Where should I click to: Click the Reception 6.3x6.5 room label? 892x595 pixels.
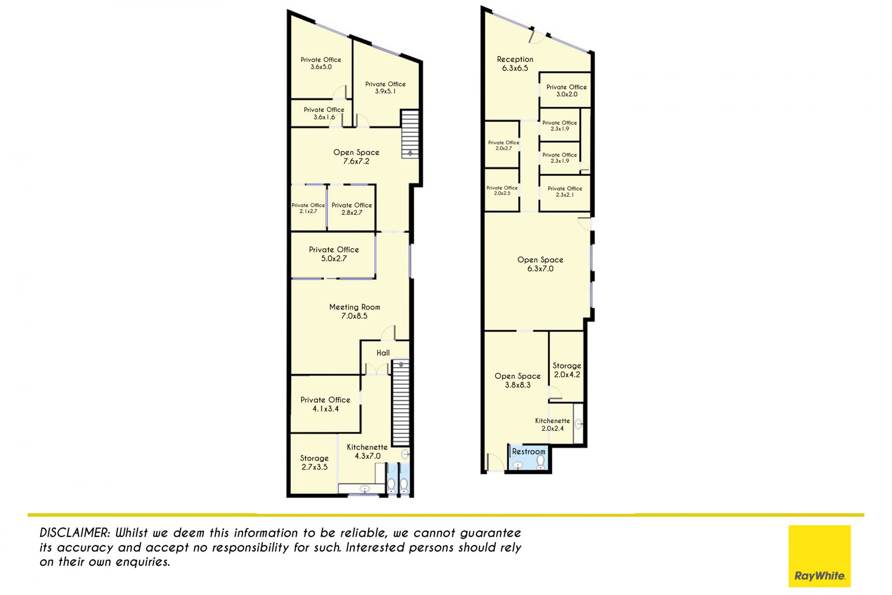coord(515,64)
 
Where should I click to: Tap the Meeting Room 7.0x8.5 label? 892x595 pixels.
coord(354,311)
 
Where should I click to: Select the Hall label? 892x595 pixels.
coord(383,353)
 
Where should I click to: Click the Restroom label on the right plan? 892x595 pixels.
coord(529,451)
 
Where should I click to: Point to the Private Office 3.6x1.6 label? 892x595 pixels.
coord(324,113)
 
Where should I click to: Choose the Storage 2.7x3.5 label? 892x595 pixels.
coord(315,463)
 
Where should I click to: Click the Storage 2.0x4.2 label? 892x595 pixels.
coord(567,370)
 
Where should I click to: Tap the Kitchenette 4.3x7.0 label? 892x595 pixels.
coord(367,451)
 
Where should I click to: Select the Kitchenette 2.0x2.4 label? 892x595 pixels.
coord(552,424)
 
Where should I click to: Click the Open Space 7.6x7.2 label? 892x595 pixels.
coord(356,157)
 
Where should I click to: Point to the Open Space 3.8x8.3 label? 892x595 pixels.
coord(518,380)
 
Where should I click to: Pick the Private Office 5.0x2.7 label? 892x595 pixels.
coord(334,254)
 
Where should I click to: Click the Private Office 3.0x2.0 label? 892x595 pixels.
coord(566,91)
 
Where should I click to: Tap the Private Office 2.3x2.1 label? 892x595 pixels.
coord(565,192)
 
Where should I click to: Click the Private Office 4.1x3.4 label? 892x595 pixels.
coord(325,404)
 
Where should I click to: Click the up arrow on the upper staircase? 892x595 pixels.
coord(410,152)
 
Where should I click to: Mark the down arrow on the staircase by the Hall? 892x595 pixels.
coord(401,365)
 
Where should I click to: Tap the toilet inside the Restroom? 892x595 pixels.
coord(541,463)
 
